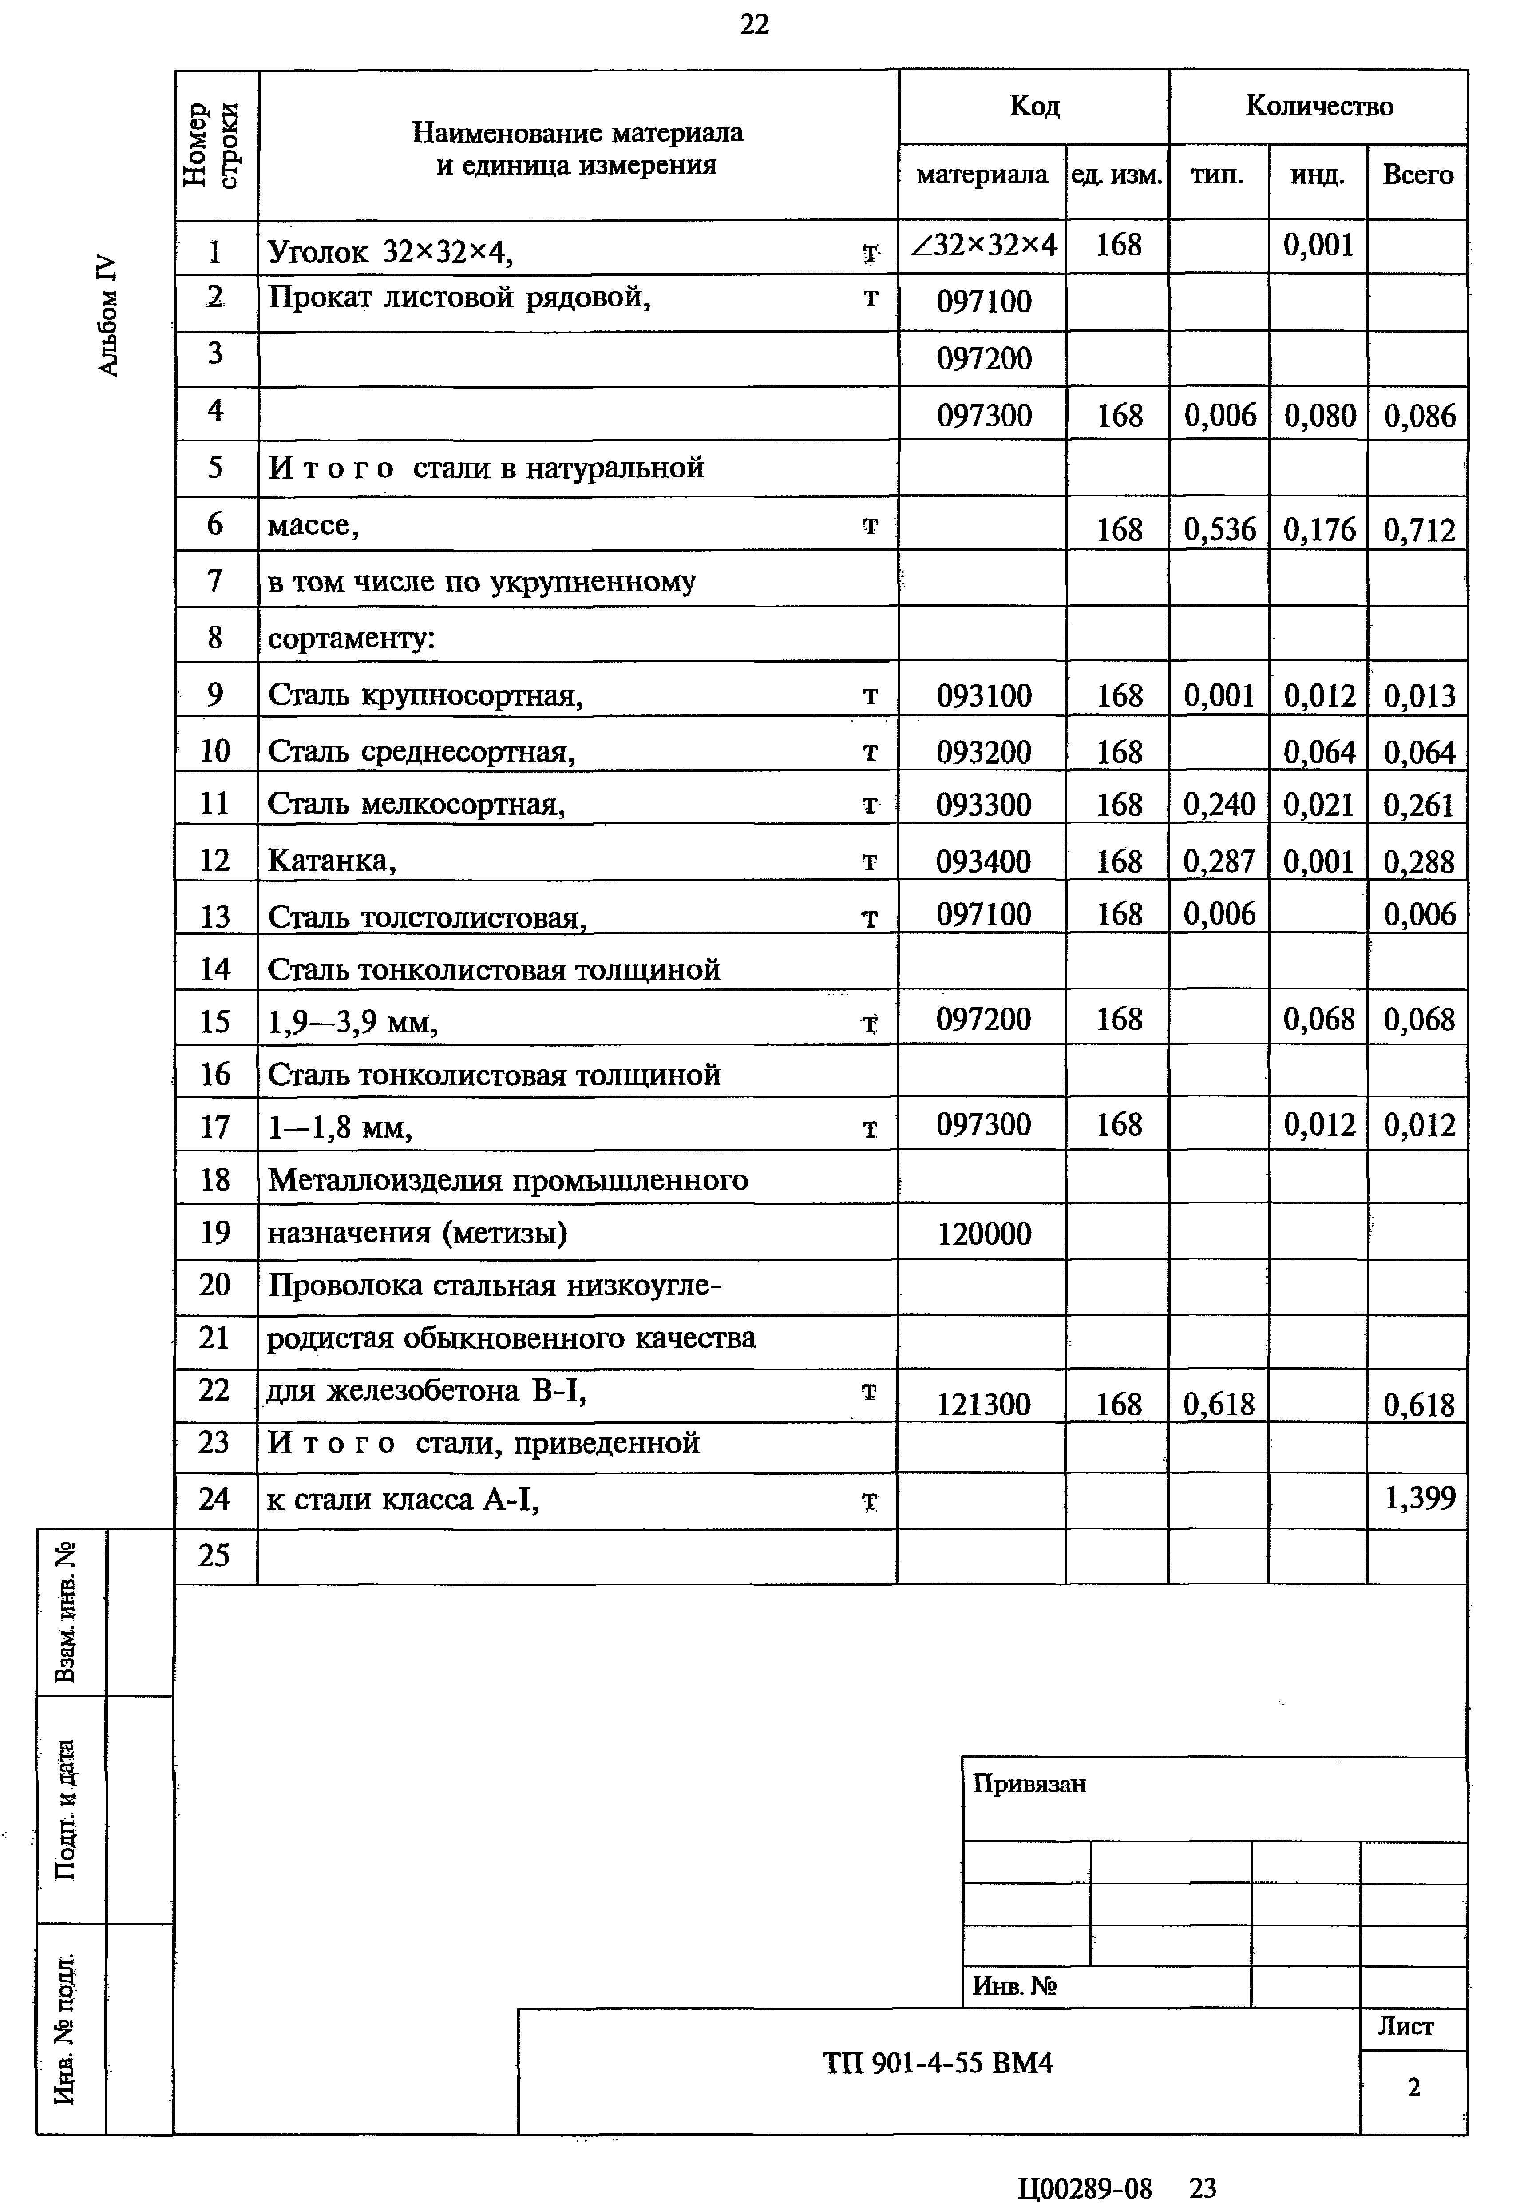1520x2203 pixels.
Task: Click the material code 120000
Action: point(984,1234)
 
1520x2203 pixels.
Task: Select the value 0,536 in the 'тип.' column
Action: point(1219,530)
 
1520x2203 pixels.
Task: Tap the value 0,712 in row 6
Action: point(1419,530)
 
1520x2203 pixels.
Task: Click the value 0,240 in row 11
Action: point(1219,805)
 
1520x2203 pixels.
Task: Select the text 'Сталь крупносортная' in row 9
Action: point(425,695)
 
